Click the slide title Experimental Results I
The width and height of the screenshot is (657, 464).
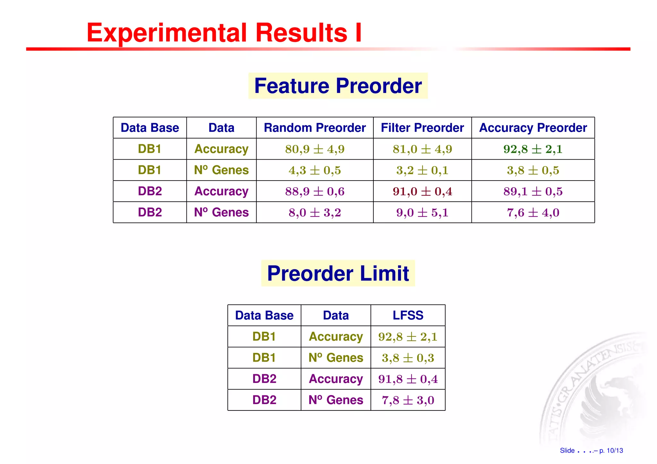pyautogui.click(x=224, y=33)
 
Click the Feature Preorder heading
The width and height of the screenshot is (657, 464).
pyautogui.click(x=338, y=86)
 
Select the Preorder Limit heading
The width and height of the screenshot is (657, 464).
pyautogui.click(x=338, y=274)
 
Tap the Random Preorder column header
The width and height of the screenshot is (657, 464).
pyautogui.click(x=315, y=128)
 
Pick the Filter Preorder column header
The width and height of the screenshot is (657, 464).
pyautogui.click(x=422, y=128)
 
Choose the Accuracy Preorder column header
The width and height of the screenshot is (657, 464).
pyautogui.click(x=533, y=128)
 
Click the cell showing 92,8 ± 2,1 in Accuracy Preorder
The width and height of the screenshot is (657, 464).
pyautogui.click(x=533, y=149)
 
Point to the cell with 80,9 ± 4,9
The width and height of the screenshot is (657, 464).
pyautogui.click(x=315, y=149)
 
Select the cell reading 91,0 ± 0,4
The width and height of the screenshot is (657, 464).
pyautogui.click(x=422, y=191)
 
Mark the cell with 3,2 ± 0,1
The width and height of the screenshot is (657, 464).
pyautogui.click(x=422, y=170)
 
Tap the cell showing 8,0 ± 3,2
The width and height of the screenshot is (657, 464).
pyautogui.click(x=315, y=213)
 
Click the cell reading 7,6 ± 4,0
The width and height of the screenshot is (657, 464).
pyautogui.click(x=533, y=213)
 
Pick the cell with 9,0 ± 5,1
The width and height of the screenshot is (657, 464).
pyautogui.click(x=422, y=213)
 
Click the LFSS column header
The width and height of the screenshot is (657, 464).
pyautogui.click(x=408, y=316)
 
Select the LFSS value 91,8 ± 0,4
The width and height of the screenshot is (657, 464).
pyautogui.click(x=408, y=379)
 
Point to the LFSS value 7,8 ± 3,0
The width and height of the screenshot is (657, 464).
pyautogui.click(x=408, y=400)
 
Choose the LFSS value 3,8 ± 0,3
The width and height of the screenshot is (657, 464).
pyautogui.click(x=408, y=358)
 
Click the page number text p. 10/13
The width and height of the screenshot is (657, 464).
pyautogui.click(x=611, y=451)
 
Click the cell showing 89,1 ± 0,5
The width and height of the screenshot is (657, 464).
pyautogui.click(x=533, y=191)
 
